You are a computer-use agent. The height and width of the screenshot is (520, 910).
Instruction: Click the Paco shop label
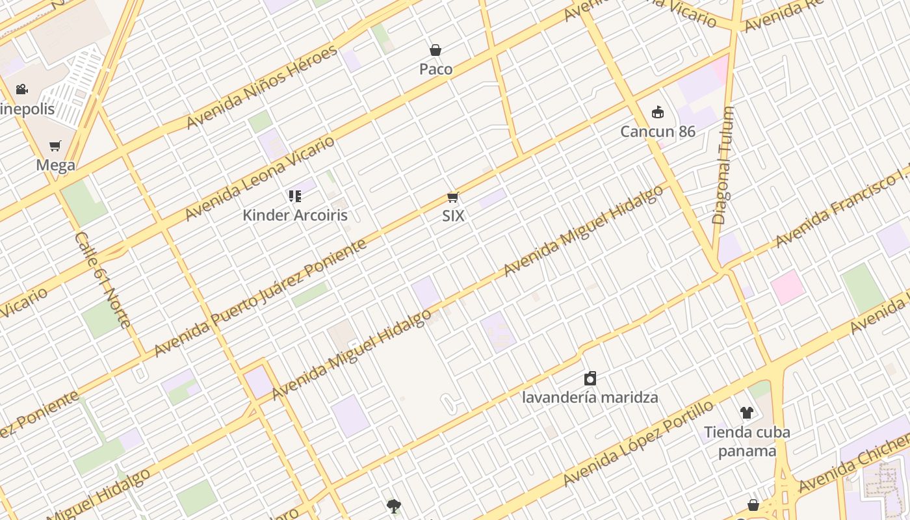pos(435,69)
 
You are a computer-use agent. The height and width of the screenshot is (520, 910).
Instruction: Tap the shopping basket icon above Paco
pos(435,50)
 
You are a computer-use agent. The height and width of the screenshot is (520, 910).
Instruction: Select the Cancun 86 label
pos(658,131)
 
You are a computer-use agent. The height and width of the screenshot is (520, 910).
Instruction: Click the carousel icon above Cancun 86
pos(658,112)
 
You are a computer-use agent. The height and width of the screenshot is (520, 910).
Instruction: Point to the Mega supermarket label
pos(55,165)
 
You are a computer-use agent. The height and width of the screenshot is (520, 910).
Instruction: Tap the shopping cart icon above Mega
pos(55,146)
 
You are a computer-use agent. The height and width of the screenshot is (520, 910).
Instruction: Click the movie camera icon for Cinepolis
pos(22,89)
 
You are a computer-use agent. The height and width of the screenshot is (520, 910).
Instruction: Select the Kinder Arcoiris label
pos(295,215)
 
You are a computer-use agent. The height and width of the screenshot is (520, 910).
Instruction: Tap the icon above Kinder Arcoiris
pos(295,196)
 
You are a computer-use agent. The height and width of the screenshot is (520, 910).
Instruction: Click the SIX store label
pos(453,216)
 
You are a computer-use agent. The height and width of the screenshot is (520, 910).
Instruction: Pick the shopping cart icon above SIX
pos(453,197)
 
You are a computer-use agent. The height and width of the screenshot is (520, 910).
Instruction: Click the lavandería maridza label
pos(590,397)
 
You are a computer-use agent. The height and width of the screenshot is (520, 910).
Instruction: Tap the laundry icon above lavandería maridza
pos(590,378)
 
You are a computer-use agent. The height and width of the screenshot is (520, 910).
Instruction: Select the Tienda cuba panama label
pos(747,441)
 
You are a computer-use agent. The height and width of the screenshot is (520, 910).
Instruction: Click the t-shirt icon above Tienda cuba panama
pos(747,413)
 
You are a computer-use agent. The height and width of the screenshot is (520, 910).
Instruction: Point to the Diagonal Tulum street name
pos(723,166)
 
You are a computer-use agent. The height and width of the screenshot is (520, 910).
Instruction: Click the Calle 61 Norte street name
pos(103,279)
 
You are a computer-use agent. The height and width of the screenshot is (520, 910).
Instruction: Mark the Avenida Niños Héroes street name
pos(262,86)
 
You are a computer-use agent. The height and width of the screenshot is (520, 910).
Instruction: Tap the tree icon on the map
pos(393,506)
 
